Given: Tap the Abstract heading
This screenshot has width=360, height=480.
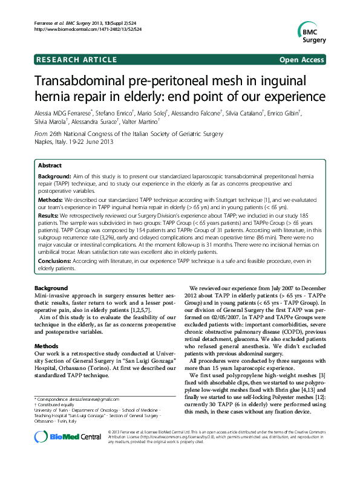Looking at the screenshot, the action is tap(50, 165).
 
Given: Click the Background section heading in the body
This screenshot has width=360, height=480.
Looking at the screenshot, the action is tap(51, 287).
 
